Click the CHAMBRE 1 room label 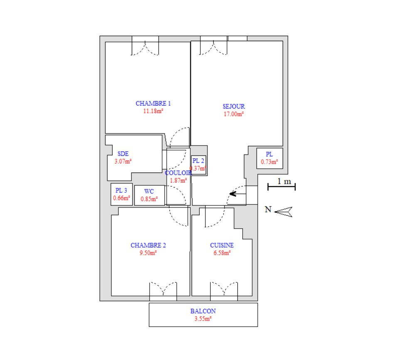click(153, 104)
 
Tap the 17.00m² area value click(234, 114)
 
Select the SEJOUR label click(234, 106)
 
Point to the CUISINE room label click(222, 245)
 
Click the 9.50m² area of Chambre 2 click(148, 253)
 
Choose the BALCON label click(203, 311)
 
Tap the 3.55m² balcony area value click(203, 319)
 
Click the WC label click(149, 192)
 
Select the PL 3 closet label click(121, 190)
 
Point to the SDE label click(123, 154)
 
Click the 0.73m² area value click(269, 162)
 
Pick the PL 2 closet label click(198, 161)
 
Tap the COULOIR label click(178, 173)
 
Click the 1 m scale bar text click(284, 181)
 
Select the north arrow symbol click(283, 212)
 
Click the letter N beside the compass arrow click(268, 209)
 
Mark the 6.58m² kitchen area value click(222, 253)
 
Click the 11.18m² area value click(153, 111)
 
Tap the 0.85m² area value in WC click(149, 199)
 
